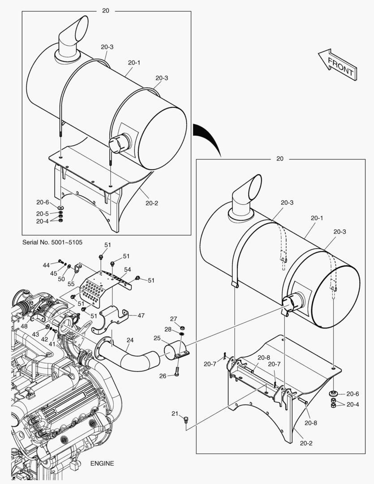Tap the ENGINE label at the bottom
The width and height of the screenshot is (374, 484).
(x=102, y=463)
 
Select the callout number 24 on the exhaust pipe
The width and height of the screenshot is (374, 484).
(x=129, y=340)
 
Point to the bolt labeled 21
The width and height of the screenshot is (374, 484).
(x=187, y=420)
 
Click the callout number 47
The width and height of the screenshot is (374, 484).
(x=141, y=315)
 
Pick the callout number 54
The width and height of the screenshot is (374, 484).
(x=128, y=269)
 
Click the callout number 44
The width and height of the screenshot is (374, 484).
(x=46, y=265)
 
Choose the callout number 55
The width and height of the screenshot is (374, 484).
(x=71, y=284)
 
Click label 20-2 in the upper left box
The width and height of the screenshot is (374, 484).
(x=151, y=203)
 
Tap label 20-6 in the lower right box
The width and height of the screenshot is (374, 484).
(x=353, y=394)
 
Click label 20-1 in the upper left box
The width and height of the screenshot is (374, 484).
(x=133, y=63)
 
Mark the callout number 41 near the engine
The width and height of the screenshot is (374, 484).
(x=52, y=344)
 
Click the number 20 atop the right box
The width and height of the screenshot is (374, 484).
(x=280, y=159)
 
